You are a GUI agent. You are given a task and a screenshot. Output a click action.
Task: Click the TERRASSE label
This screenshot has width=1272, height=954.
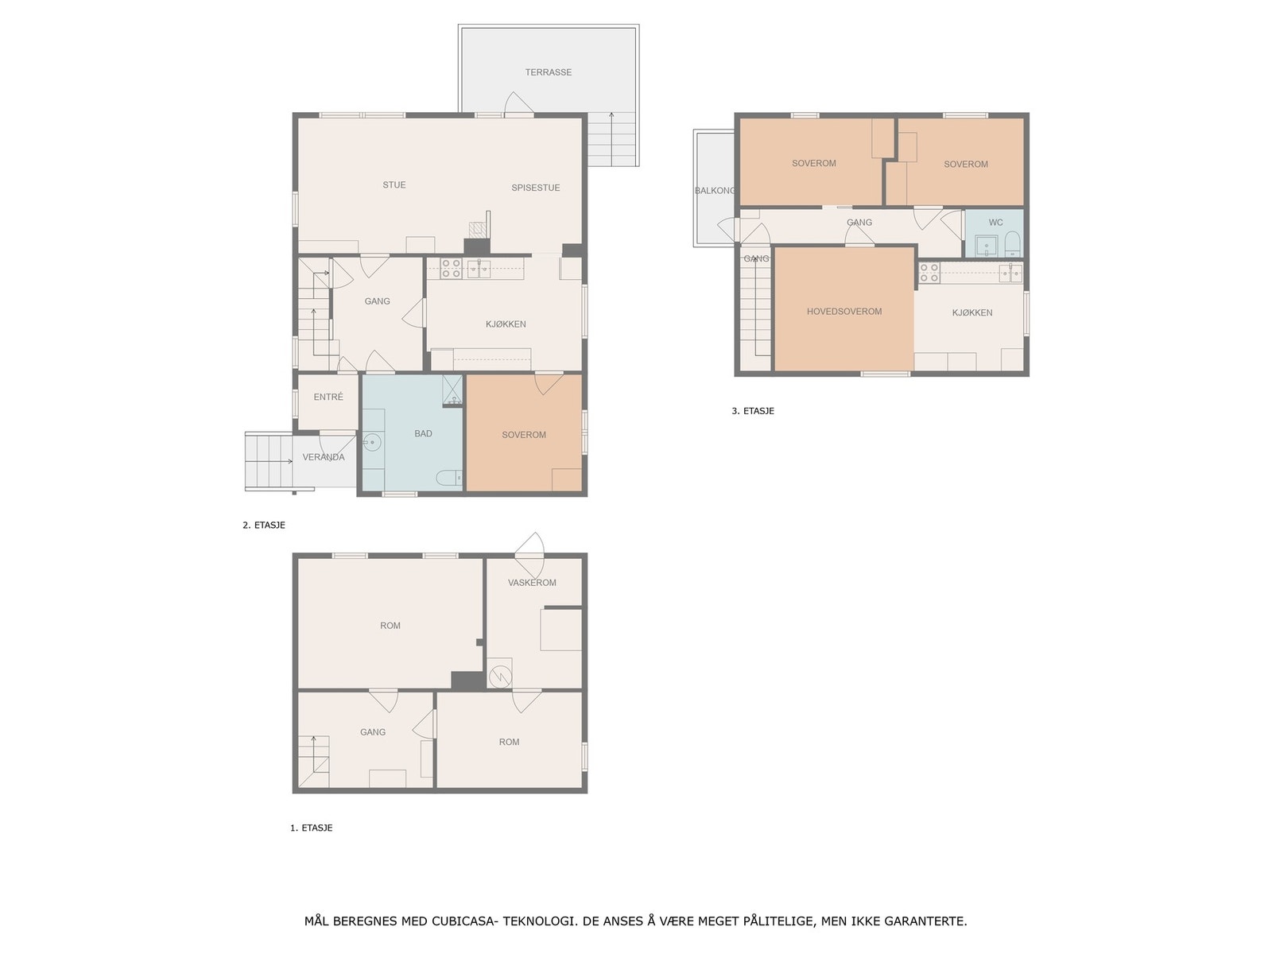(549, 72)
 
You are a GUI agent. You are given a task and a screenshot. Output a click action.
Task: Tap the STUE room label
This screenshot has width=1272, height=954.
(394, 184)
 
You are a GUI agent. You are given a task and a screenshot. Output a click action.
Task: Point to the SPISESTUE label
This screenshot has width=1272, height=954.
(536, 188)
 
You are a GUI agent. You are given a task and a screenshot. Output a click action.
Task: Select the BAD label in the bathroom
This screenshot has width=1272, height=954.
(423, 433)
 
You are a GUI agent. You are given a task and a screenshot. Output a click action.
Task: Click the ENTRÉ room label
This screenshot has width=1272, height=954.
(328, 397)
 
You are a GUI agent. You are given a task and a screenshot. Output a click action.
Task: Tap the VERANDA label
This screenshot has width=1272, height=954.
(324, 457)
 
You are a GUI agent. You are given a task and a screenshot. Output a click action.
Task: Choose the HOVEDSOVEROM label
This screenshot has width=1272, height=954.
(844, 312)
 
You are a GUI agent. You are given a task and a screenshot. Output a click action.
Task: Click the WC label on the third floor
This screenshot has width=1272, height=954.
(995, 223)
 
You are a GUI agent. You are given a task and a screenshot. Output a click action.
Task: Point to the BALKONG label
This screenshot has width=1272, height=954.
(715, 191)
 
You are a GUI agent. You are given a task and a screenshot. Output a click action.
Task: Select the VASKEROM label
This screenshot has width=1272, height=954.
(532, 583)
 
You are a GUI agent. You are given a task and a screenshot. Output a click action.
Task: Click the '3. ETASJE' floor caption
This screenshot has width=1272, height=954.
(753, 411)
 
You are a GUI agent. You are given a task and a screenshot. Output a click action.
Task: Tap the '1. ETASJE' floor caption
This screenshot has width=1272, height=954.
(311, 828)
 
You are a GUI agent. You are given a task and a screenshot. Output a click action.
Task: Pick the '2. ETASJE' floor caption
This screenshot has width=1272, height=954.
(264, 525)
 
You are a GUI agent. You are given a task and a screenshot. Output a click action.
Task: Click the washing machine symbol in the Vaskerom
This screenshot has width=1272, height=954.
(499, 676)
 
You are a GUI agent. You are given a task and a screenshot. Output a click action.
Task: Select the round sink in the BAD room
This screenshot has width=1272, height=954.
(371, 443)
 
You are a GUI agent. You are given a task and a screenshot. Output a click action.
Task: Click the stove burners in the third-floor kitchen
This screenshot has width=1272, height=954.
(929, 273)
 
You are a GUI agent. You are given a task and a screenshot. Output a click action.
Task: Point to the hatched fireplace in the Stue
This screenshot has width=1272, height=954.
(477, 230)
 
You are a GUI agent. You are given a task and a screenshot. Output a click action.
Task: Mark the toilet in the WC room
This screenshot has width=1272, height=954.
(1012, 243)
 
